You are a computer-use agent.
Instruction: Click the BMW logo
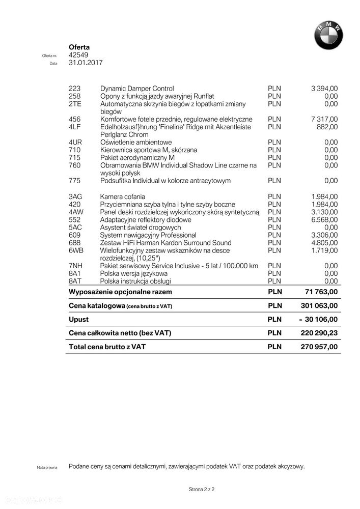pos(328,36)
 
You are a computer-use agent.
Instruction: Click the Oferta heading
pos(79,47)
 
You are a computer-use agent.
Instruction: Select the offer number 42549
pos(78,55)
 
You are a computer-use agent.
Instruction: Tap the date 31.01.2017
pos(86,63)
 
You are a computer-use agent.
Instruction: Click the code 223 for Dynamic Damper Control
pos(74,89)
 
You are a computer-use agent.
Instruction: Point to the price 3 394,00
pos(324,89)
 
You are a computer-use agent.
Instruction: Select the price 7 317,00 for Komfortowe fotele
pos(324,119)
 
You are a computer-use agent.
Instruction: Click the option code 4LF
pos(74,127)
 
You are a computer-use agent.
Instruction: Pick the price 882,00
pos(327,127)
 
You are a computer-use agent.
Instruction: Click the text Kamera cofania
pos(123,196)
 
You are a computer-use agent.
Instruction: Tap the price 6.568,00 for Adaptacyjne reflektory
pos(324,220)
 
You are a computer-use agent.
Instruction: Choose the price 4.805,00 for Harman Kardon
pos(324,243)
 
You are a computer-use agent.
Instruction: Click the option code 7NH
pos(75,266)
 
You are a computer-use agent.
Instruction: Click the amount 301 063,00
pos(318,305)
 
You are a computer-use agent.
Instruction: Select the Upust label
pos(78,320)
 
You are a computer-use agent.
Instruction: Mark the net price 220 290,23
pos(319,333)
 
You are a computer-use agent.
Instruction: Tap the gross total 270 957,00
pos(319,347)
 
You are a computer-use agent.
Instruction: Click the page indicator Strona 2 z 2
pos(202,489)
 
